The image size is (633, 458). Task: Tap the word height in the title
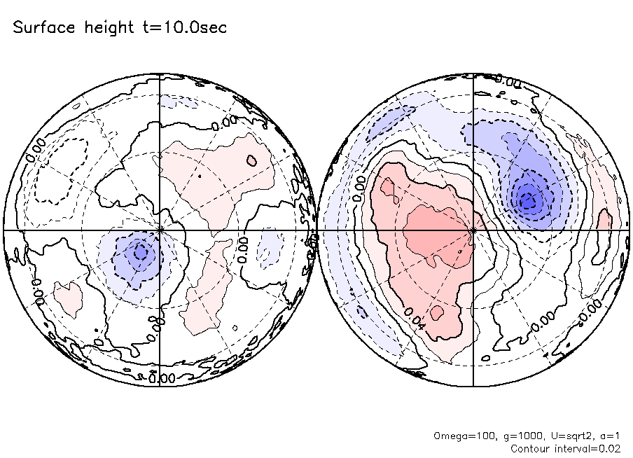coord(107,29)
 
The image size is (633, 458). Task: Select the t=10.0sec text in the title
coord(183,28)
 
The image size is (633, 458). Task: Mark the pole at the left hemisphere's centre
coord(160,230)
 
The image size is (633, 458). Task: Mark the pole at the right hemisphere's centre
coord(474,230)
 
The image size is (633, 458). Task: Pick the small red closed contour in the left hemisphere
coord(251,161)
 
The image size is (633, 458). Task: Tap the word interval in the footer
coord(576,448)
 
